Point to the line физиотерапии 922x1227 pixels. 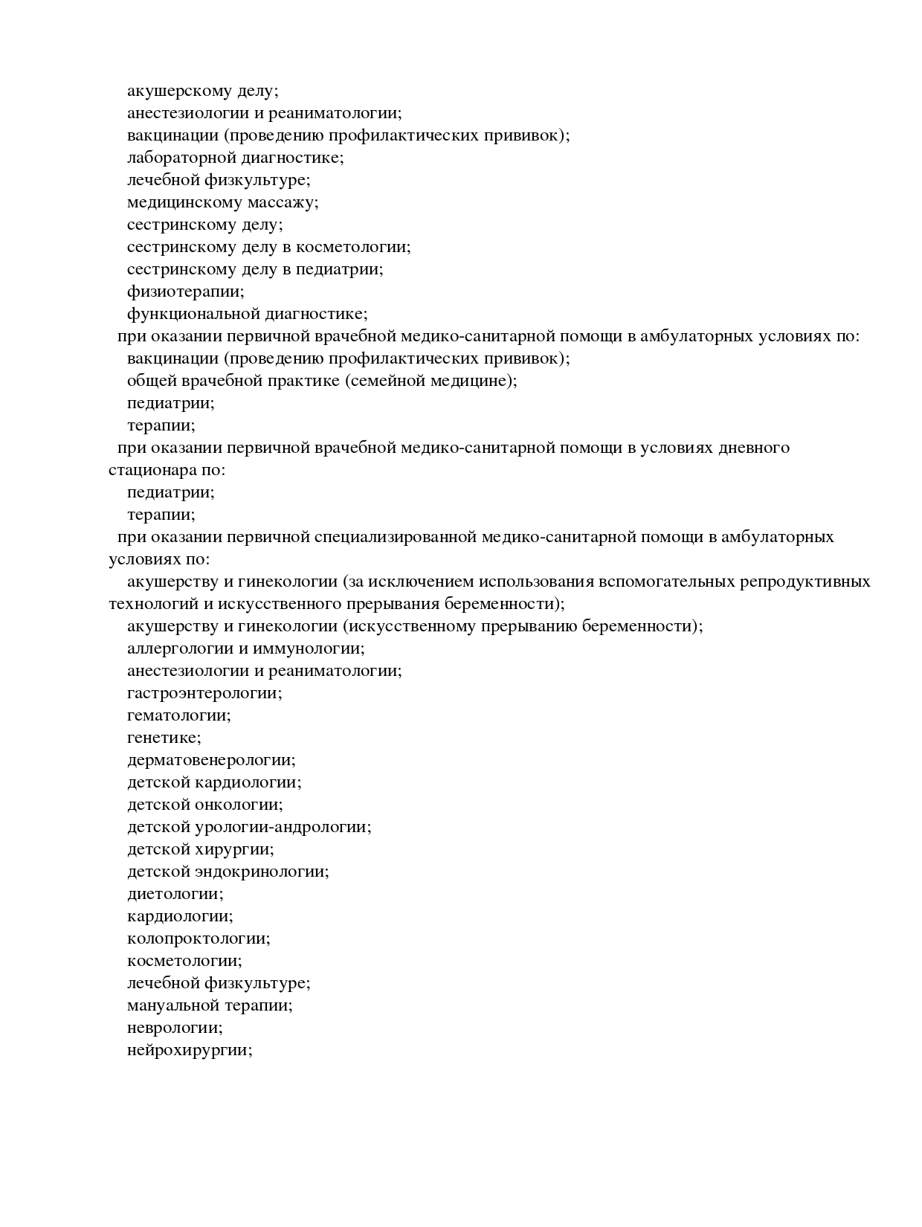click(x=185, y=292)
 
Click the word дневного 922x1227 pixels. click(x=753, y=448)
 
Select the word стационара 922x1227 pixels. click(x=148, y=470)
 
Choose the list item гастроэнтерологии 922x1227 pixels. click(x=204, y=693)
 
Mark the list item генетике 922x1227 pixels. click(x=164, y=738)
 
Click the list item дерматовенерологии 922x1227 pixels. click(x=211, y=760)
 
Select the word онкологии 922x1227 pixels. click(x=238, y=805)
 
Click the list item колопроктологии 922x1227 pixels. click(x=199, y=938)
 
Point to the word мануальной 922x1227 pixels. click(x=173, y=1005)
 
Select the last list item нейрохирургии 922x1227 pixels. click(x=190, y=1050)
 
